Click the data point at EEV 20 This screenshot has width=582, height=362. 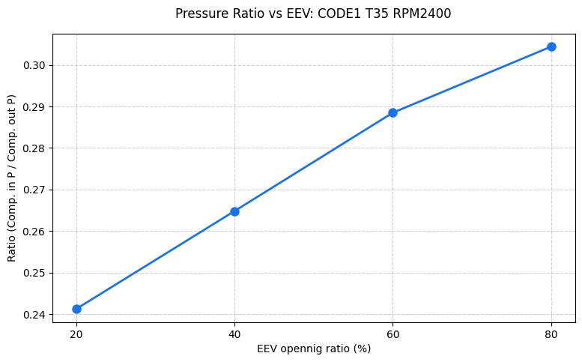[76, 309]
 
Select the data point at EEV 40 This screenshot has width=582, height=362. [234, 211]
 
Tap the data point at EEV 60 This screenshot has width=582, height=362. [392, 112]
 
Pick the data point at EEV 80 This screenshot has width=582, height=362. [551, 46]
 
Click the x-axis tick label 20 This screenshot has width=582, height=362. [76, 334]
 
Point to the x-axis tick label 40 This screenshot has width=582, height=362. [234, 334]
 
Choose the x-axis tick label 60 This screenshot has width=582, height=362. [392, 334]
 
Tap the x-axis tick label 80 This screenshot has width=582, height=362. [551, 334]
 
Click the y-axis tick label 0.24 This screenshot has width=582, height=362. [34, 315]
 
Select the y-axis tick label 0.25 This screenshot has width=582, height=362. [34, 273]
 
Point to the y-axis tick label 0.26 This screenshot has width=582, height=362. [34, 232]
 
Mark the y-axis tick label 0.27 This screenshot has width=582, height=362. [34, 190]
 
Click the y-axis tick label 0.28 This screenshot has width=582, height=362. [34, 148]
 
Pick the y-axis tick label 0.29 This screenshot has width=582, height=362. [34, 107]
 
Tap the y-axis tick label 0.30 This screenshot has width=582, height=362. [34, 66]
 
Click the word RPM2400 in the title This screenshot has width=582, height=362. [423, 13]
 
